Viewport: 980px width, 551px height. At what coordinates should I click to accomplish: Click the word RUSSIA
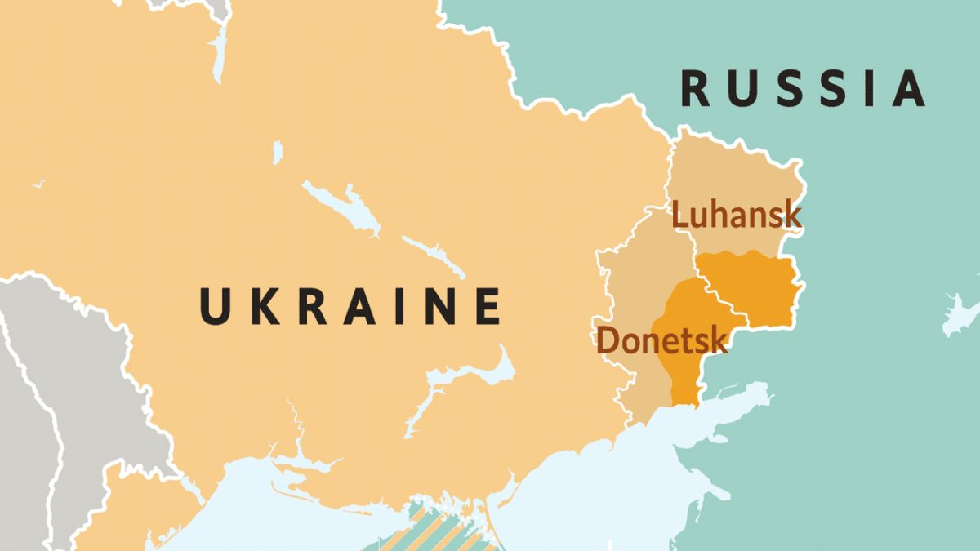pyautogui.click(x=804, y=89)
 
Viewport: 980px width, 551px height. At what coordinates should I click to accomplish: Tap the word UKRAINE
pyautogui.click(x=350, y=306)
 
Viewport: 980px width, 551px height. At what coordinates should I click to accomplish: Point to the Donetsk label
pyautogui.click(x=661, y=340)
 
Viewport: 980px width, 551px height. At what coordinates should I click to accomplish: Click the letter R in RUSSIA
pyautogui.click(x=696, y=89)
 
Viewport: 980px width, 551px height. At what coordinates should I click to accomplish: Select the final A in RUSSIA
pyautogui.click(x=907, y=89)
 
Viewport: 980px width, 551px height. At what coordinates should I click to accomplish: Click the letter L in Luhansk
pyautogui.click(x=679, y=216)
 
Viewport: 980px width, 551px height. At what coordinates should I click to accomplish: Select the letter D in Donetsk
pyautogui.click(x=607, y=340)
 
